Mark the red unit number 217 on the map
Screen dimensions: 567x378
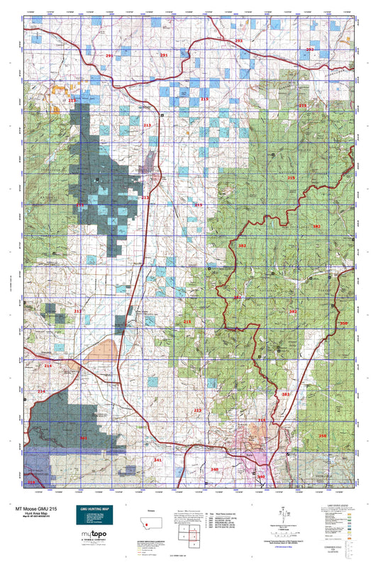(78, 311)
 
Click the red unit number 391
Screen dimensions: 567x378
(293, 312)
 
